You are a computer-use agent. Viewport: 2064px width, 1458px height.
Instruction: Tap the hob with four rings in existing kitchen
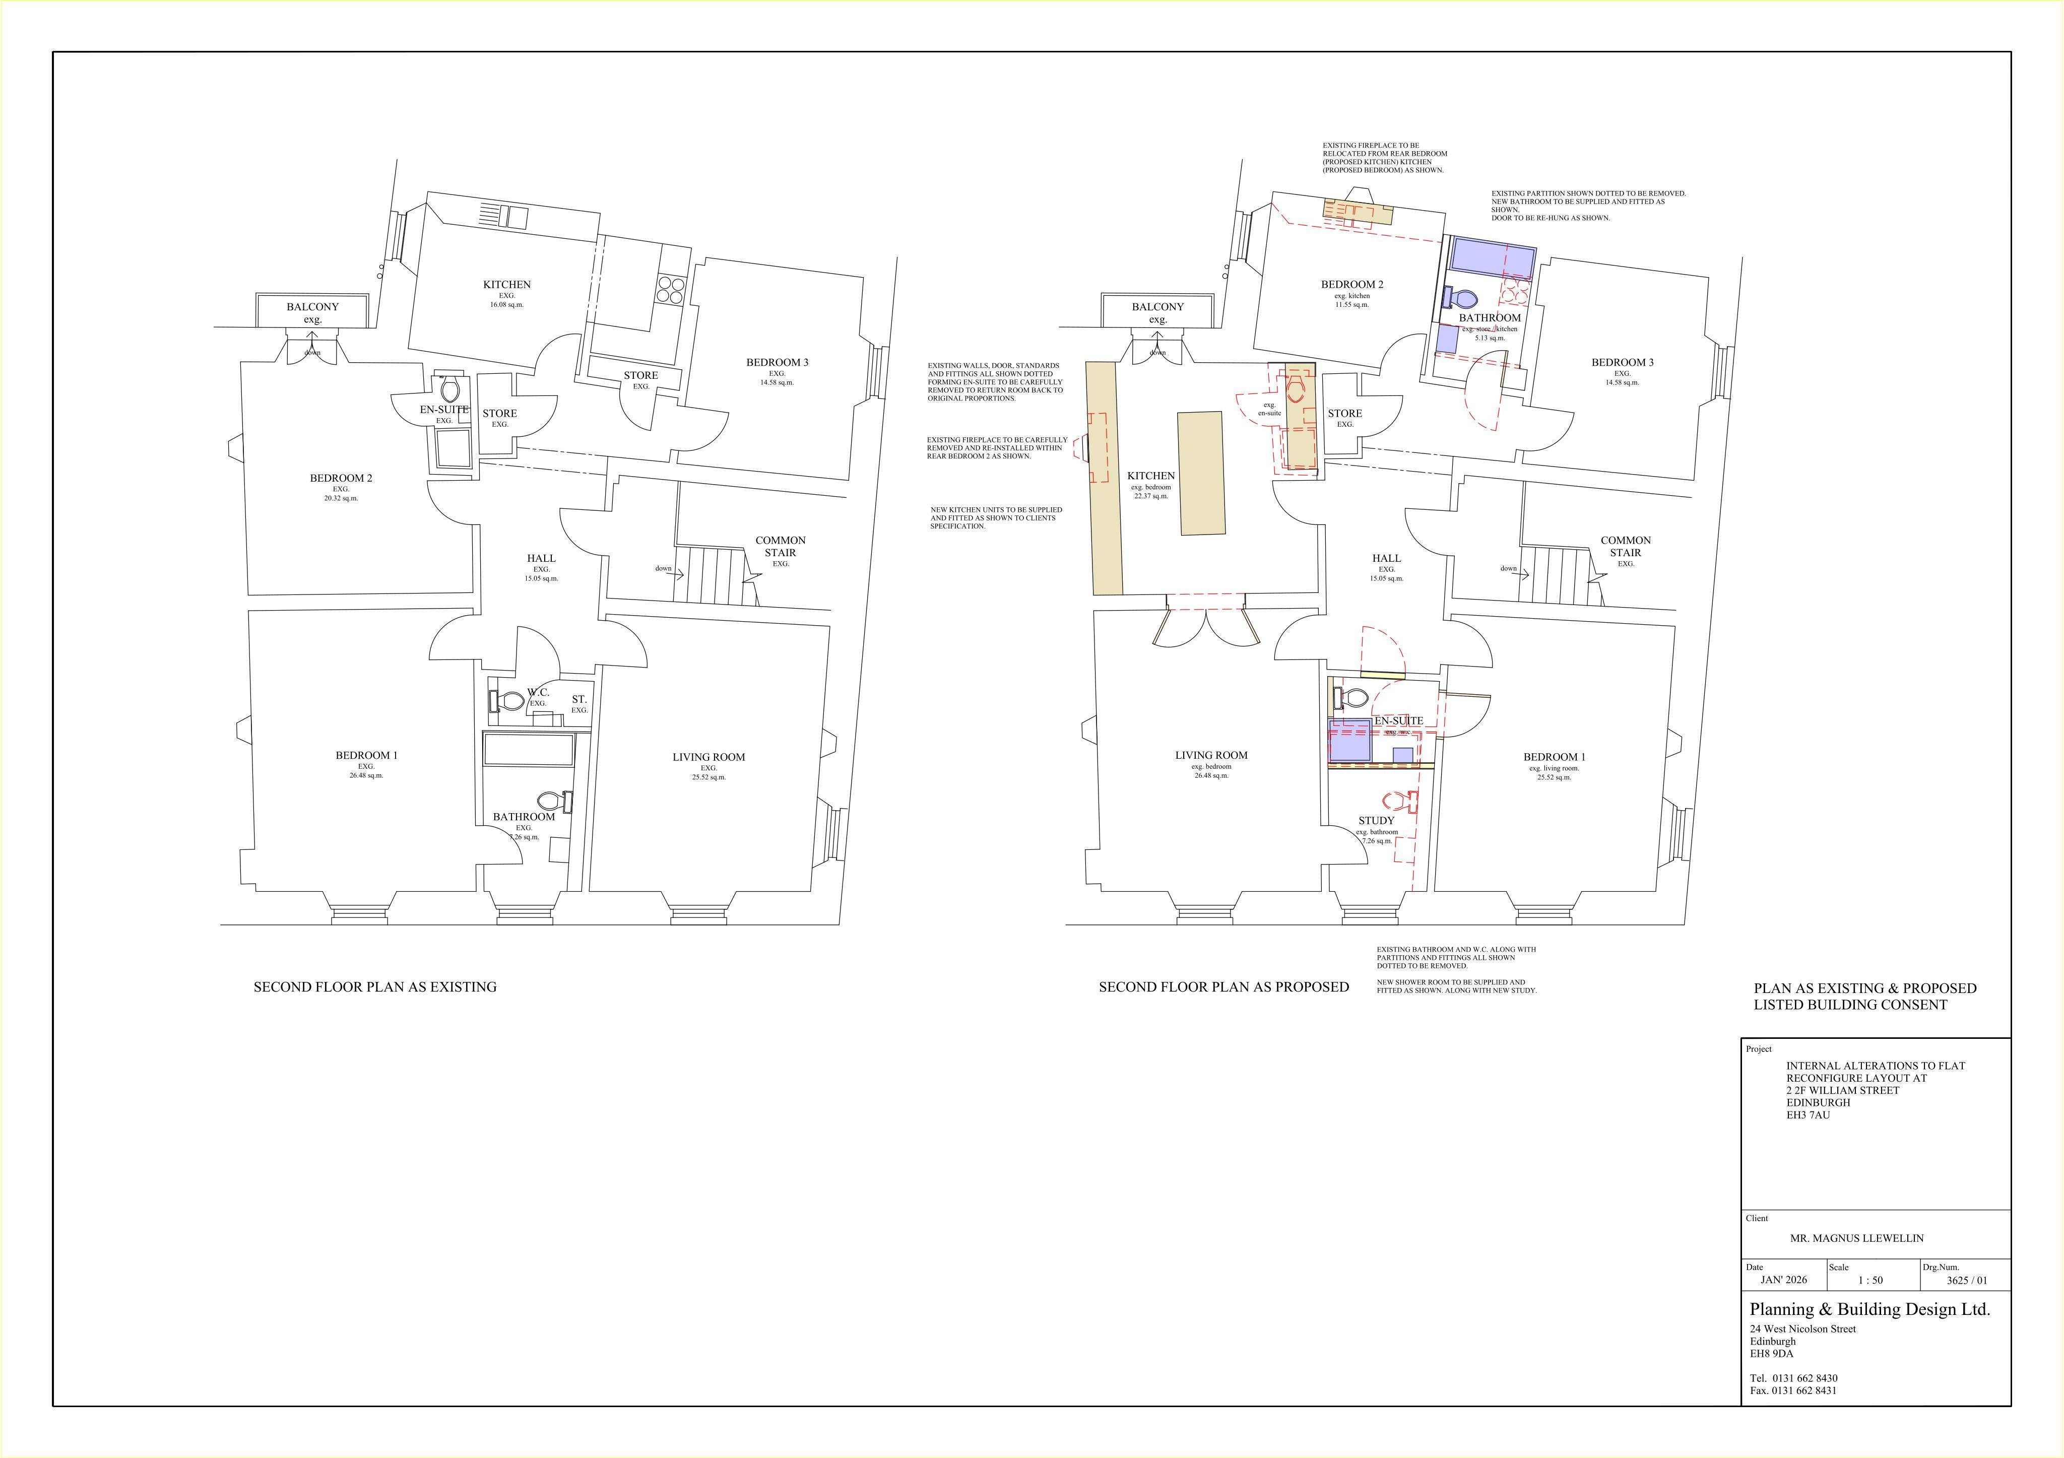point(671,290)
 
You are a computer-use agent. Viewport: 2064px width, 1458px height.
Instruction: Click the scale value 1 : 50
point(1870,1280)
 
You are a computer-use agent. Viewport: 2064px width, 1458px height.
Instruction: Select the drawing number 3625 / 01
point(1967,1281)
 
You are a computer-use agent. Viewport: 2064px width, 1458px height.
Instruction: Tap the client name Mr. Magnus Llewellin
point(1857,1238)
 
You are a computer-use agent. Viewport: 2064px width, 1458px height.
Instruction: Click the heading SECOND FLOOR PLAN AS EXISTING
point(375,987)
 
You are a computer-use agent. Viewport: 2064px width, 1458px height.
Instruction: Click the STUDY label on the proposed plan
point(1376,821)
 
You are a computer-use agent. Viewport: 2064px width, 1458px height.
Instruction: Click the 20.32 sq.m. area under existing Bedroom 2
point(341,498)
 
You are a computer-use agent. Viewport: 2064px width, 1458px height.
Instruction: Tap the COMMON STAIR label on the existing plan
point(780,547)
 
